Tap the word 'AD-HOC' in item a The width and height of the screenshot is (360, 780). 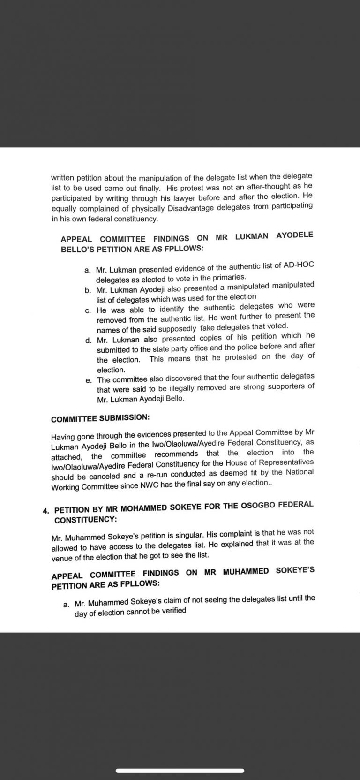tap(298, 265)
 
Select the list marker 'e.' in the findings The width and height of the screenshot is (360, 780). tap(89, 380)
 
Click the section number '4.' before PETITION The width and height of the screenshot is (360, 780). tap(46, 510)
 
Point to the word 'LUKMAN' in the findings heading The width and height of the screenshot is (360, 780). tap(252, 236)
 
